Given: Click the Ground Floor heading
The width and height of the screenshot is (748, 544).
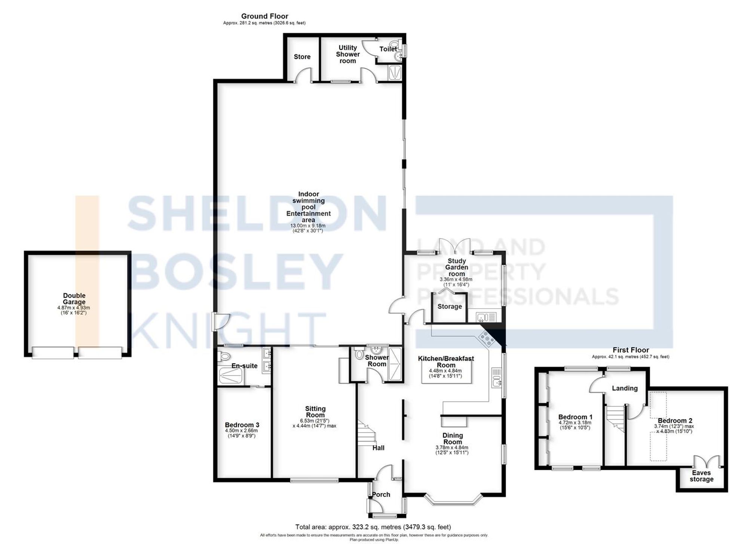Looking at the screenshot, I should pos(264,16).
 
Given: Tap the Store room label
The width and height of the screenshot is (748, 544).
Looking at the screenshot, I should pos(302,57).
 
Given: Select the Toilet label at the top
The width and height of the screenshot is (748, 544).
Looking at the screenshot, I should pos(388,49).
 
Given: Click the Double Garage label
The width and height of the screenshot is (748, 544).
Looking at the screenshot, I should pos(74,299).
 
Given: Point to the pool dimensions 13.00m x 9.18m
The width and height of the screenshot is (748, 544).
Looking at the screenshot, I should pos(308,226).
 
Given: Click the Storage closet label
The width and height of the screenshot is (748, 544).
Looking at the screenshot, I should pos(450,307).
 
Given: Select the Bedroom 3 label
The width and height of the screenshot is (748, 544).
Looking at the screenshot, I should pos(242,425).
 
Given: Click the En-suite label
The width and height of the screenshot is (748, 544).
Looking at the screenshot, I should pos(244,366).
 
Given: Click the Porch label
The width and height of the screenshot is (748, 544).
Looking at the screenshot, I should pos(381,495).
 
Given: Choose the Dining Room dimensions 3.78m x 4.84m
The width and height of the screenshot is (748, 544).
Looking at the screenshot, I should pos(452,448).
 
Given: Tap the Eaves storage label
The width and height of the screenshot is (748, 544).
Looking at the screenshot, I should pos(701,476).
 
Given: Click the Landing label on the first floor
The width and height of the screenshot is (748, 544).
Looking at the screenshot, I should pos(625,388).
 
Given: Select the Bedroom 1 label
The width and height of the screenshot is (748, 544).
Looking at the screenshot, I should pos(575,417).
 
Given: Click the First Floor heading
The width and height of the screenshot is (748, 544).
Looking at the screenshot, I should pos(631,350).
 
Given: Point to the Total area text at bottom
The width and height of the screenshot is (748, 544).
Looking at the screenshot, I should pos(373,527).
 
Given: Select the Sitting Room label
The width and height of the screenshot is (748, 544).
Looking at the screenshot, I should pos(315,412).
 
